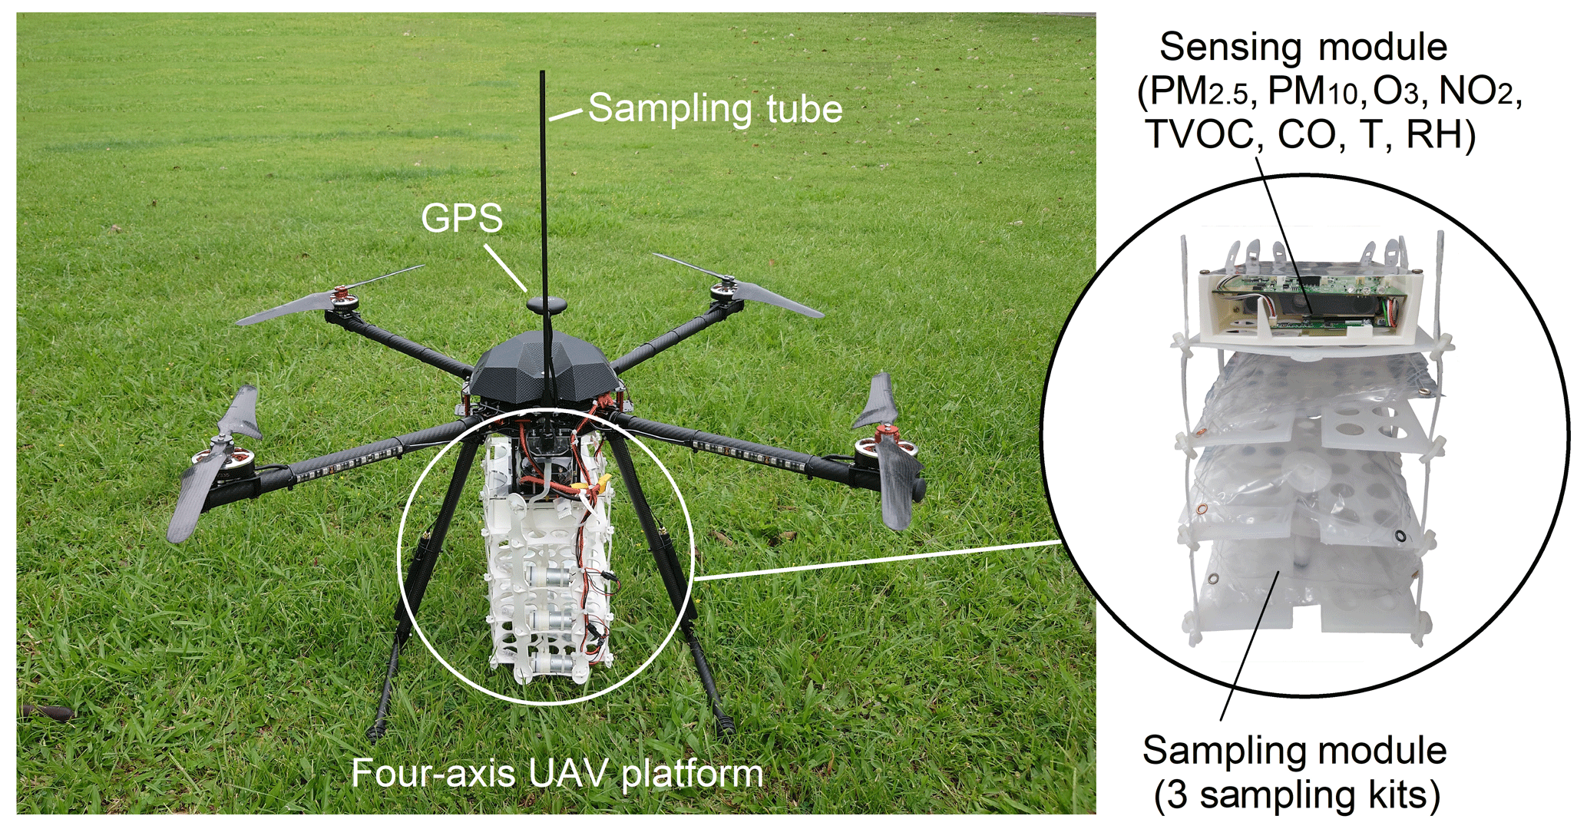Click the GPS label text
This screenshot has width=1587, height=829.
[x=461, y=219]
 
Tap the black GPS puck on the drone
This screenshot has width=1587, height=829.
[x=547, y=305]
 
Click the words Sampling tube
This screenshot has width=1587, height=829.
[x=715, y=108]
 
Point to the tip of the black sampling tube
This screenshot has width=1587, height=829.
[x=543, y=73]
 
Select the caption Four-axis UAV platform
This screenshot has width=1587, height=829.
[x=557, y=773]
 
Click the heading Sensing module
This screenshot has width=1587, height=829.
[x=1303, y=47]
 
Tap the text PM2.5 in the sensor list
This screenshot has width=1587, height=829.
[x=1200, y=93]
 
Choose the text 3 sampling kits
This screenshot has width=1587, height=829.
[x=1297, y=796]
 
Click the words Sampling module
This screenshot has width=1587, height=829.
[x=1294, y=751]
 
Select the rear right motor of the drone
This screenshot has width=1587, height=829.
[x=724, y=290]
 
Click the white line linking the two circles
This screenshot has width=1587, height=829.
[x=875, y=560]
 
